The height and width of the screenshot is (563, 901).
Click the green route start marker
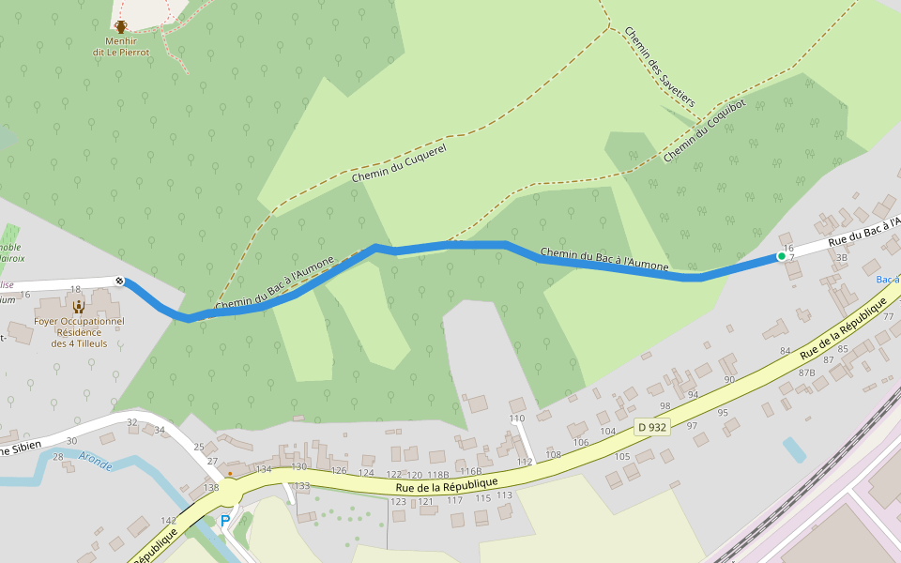coord(781,255)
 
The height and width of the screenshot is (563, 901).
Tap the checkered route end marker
coord(119,281)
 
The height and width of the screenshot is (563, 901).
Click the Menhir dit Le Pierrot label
coord(121,47)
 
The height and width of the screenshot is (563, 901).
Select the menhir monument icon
coord(121,26)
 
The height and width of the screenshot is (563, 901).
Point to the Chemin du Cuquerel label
coord(398,163)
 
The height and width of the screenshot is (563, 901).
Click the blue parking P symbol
coord(225,520)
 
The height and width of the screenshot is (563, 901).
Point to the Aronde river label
coord(95,459)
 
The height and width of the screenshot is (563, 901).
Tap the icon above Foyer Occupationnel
coord(79,305)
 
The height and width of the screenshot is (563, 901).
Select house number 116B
coord(470,472)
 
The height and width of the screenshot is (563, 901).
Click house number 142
coord(169,520)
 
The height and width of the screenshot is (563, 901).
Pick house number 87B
coord(806,373)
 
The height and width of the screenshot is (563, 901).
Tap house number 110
coord(517,418)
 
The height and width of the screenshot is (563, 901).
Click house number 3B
coord(841,256)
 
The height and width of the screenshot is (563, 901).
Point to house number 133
coord(301,485)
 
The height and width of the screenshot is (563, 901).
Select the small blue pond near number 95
coord(794,449)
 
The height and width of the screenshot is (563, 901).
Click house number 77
coord(888,316)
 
